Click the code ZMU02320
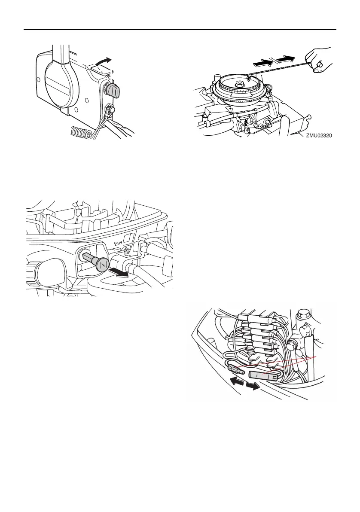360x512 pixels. [x=320, y=135]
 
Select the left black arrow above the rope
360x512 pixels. [x=262, y=62]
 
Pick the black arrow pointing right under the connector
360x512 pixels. [x=253, y=386]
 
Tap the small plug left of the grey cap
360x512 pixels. [x=236, y=369]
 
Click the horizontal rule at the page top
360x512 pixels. [x=180, y=30]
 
